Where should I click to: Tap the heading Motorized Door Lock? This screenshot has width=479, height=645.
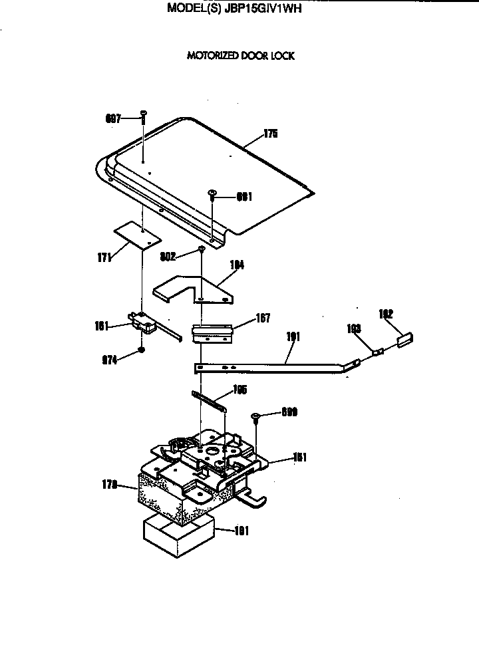coord(240,56)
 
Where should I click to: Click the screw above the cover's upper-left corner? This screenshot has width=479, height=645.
coord(142,118)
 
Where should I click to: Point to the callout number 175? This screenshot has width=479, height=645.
coord(269,134)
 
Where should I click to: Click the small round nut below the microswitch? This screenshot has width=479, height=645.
coord(141,350)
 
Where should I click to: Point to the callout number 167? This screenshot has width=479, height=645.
coord(243,319)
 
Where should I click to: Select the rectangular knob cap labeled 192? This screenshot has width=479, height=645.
coord(405,339)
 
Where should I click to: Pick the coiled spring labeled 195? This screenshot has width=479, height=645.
coord(210,402)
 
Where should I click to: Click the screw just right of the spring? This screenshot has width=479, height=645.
coord(255,418)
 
